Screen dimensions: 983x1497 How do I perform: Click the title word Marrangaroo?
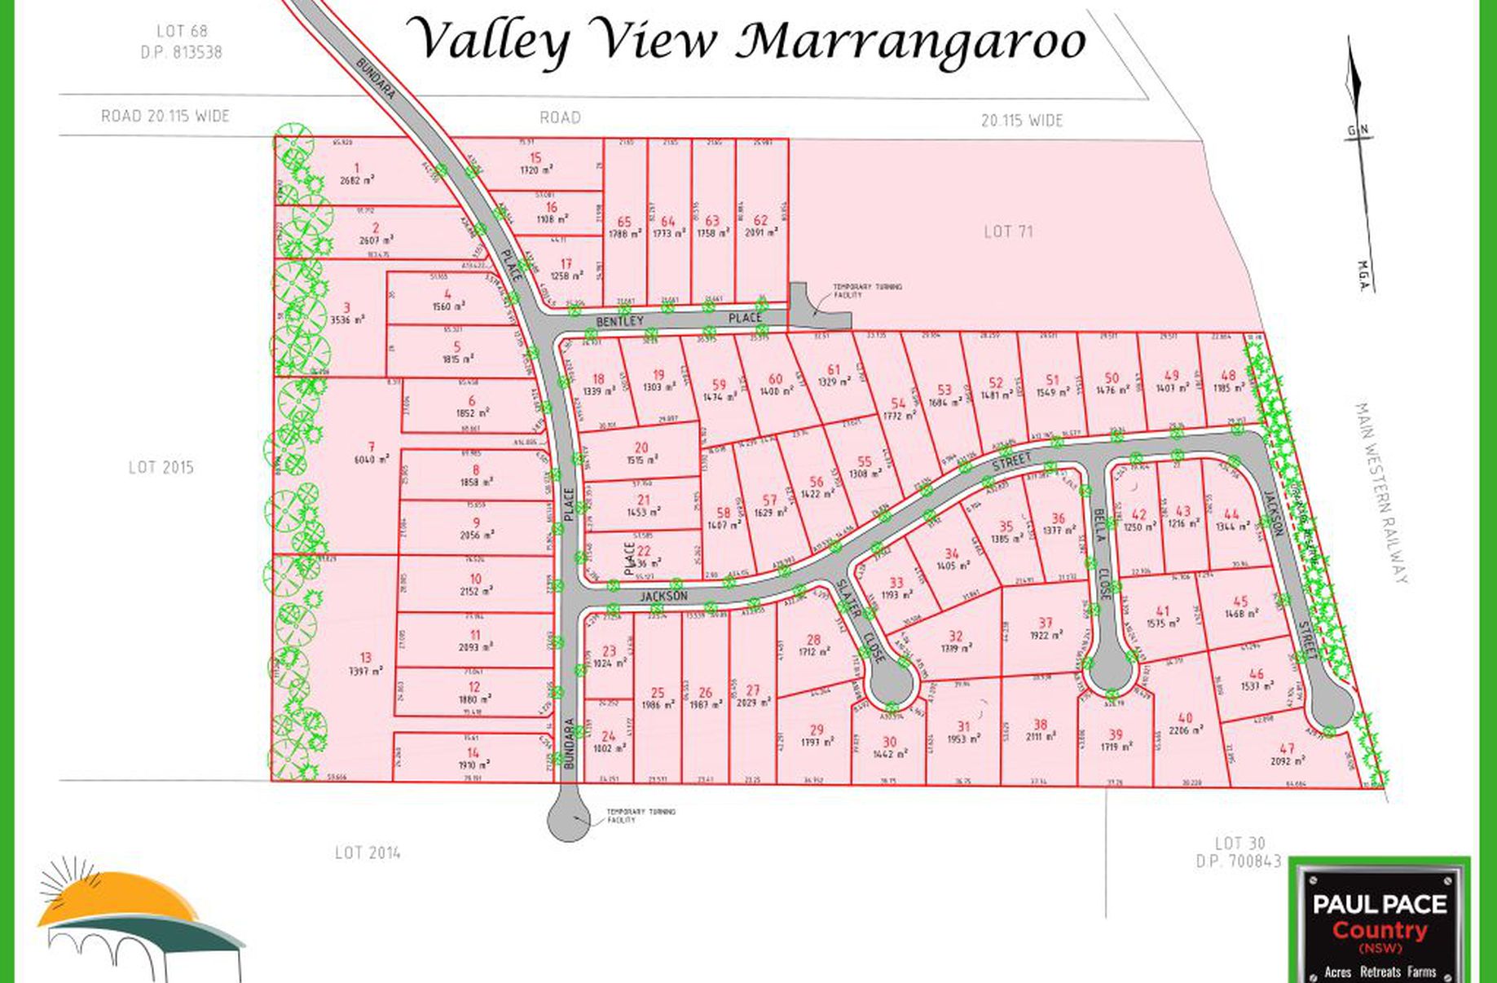tap(911, 41)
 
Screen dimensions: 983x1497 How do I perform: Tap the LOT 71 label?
tap(1008, 231)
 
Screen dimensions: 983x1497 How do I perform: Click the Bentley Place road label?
tap(679, 320)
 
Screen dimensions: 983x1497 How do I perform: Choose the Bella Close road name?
tap(1102, 554)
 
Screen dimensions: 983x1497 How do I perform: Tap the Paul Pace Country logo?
tap(1380, 922)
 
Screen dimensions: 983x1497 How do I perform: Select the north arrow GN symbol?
tap(1358, 130)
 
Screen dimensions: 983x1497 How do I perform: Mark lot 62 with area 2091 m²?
tap(760, 226)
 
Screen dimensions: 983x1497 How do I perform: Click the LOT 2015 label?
tap(161, 467)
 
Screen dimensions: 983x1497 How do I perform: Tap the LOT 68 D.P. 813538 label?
tap(181, 42)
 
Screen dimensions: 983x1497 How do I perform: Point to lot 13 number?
tap(366, 658)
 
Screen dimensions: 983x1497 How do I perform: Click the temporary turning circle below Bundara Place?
tap(568, 815)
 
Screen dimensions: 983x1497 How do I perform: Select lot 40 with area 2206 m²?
tap(1185, 725)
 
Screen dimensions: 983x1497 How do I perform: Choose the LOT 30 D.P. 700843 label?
tap(1239, 852)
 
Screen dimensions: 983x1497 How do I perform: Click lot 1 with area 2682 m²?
tap(358, 174)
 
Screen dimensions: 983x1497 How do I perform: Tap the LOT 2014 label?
tap(368, 853)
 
